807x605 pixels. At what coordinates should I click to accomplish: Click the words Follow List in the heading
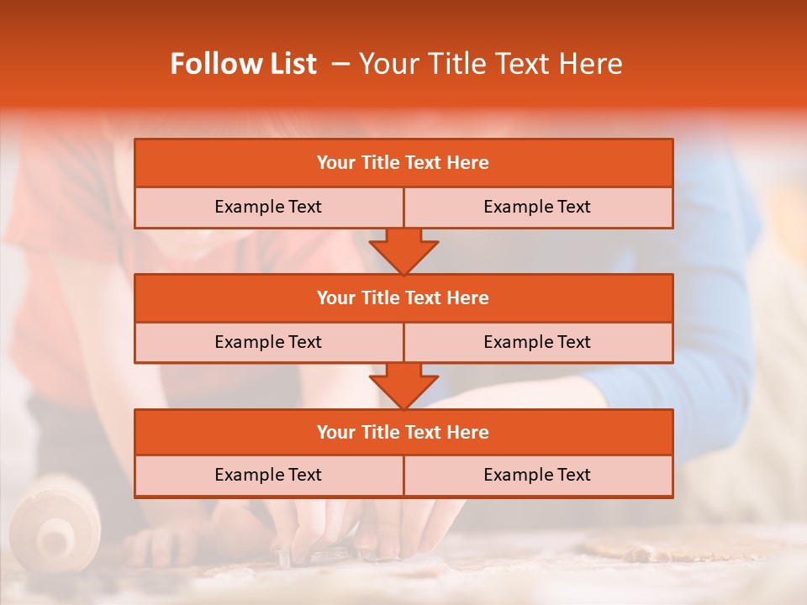point(243,64)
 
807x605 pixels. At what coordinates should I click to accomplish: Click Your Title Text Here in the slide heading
point(490,64)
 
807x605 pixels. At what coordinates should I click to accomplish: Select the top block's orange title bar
point(403,163)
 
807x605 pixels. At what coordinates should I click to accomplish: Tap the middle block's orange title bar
point(403,297)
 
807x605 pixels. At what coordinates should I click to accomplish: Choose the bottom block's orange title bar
point(403,432)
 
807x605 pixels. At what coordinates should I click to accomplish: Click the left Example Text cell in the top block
point(268,207)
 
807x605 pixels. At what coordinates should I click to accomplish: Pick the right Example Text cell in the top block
point(537,207)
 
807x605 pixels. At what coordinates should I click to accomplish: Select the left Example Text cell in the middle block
point(268,342)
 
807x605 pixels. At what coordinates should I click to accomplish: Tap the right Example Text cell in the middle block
point(537,342)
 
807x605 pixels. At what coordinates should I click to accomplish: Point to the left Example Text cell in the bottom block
point(268,475)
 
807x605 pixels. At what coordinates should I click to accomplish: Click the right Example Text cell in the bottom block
point(537,475)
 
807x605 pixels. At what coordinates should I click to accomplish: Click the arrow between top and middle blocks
point(403,251)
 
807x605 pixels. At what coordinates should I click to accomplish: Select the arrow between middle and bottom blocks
point(403,386)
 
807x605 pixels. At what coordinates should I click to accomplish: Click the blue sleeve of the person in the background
point(715,336)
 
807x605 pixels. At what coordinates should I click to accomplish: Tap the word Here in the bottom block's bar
point(468,432)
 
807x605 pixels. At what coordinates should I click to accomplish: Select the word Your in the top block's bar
point(336,163)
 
